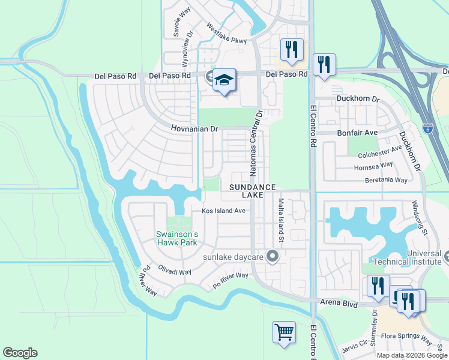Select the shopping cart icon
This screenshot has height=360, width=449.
click(x=283, y=332)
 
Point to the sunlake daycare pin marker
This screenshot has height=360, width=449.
click(x=273, y=257)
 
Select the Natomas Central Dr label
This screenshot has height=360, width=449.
click(x=256, y=143)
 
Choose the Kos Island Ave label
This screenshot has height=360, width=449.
click(x=223, y=211)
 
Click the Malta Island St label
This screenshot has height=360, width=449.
click(x=281, y=221)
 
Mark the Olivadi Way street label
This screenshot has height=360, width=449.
click(x=174, y=271)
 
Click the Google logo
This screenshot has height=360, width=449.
click(x=20, y=353)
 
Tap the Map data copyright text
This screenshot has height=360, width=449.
click(x=412, y=355)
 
